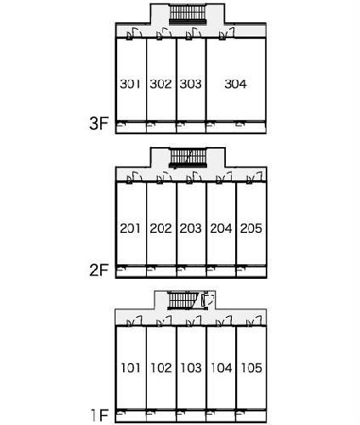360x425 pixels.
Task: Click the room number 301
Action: click(130, 84)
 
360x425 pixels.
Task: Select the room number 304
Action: click(235, 84)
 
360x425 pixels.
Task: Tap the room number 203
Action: click(190, 229)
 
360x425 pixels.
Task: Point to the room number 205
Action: click(251, 229)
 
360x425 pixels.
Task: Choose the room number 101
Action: click(131, 368)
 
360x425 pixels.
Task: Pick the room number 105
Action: click(251, 368)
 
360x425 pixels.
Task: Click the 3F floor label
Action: click(98, 123)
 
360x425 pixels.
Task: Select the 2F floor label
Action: click(98, 270)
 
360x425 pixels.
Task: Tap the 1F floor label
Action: click(99, 416)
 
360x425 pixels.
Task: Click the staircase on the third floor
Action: click(188, 14)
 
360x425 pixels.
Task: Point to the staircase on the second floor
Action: click(188, 158)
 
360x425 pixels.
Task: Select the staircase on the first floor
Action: click(183, 301)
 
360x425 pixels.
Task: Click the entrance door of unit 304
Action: click(227, 34)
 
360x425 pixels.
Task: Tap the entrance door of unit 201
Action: click(134, 178)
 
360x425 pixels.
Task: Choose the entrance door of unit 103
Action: click(194, 321)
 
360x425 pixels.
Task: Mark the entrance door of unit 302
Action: click(164, 34)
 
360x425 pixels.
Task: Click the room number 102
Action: click(160, 368)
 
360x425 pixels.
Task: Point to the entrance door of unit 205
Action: click(255, 178)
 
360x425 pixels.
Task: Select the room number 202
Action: click(160, 229)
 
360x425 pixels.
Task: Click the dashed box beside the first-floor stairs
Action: click(208, 300)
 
